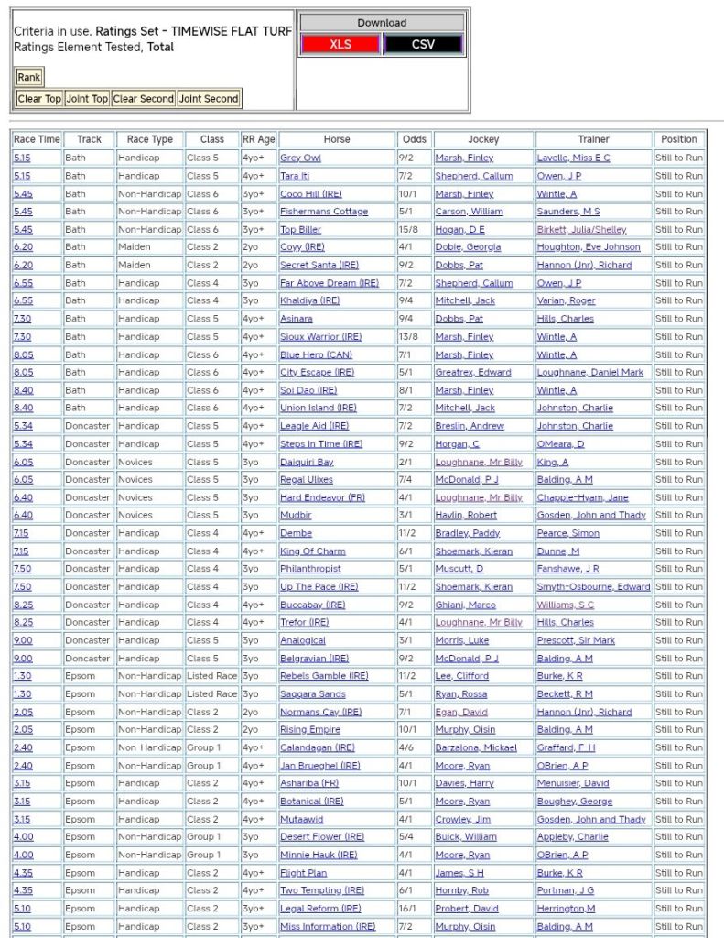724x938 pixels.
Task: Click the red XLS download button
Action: coord(340,44)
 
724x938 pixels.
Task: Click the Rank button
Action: coord(29,78)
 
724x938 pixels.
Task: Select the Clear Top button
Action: coord(39,99)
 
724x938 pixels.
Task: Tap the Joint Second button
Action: coord(209,99)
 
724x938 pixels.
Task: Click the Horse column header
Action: coord(336,139)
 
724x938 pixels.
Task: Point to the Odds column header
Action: coord(415,139)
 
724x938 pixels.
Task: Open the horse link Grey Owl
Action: coord(300,158)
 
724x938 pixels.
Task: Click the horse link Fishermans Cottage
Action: coord(324,212)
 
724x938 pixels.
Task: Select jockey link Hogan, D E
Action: coord(459,229)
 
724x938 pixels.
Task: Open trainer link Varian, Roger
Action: coord(566,300)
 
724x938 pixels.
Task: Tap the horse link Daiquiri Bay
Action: coord(307,462)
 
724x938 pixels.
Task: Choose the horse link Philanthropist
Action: coord(310,569)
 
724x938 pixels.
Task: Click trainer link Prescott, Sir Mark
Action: coord(576,640)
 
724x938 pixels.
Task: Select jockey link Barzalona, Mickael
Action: coord(476,747)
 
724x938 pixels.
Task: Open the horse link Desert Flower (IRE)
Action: coord(322,836)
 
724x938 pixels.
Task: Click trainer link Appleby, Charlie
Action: coord(572,836)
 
